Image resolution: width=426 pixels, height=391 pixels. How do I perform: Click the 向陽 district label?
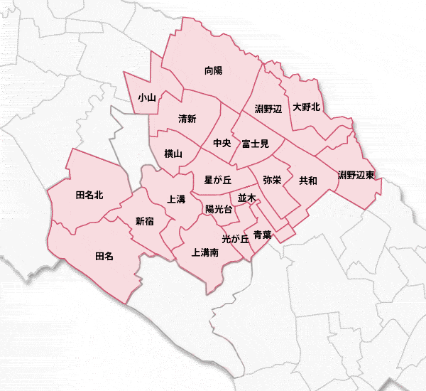click(x=213, y=70)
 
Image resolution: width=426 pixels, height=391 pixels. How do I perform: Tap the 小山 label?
click(x=147, y=97)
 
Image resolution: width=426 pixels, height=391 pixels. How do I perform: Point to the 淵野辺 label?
click(x=268, y=109)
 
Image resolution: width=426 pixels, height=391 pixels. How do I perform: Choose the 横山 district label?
click(x=173, y=154)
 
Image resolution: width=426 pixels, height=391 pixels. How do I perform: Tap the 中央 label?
click(x=222, y=144)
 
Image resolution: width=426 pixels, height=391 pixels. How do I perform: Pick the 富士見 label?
click(x=255, y=144)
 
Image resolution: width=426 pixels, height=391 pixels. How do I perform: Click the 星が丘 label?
click(x=219, y=180)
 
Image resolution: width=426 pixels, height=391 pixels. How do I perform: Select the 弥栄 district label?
click(x=272, y=181)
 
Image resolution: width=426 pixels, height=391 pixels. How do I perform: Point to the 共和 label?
click(x=308, y=181)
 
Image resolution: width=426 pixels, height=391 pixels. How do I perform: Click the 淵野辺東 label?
click(x=356, y=175)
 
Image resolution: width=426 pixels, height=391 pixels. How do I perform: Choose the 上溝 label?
click(x=177, y=200)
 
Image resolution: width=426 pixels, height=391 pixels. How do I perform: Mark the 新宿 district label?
click(x=144, y=221)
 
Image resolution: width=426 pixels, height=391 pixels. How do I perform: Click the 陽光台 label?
click(x=219, y=209)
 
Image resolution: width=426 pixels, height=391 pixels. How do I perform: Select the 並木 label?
click(x=246, y=198)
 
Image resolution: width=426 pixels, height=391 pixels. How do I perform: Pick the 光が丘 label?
click(x=235, y=239)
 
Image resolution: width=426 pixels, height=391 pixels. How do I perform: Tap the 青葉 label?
click(x=262, y=234)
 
